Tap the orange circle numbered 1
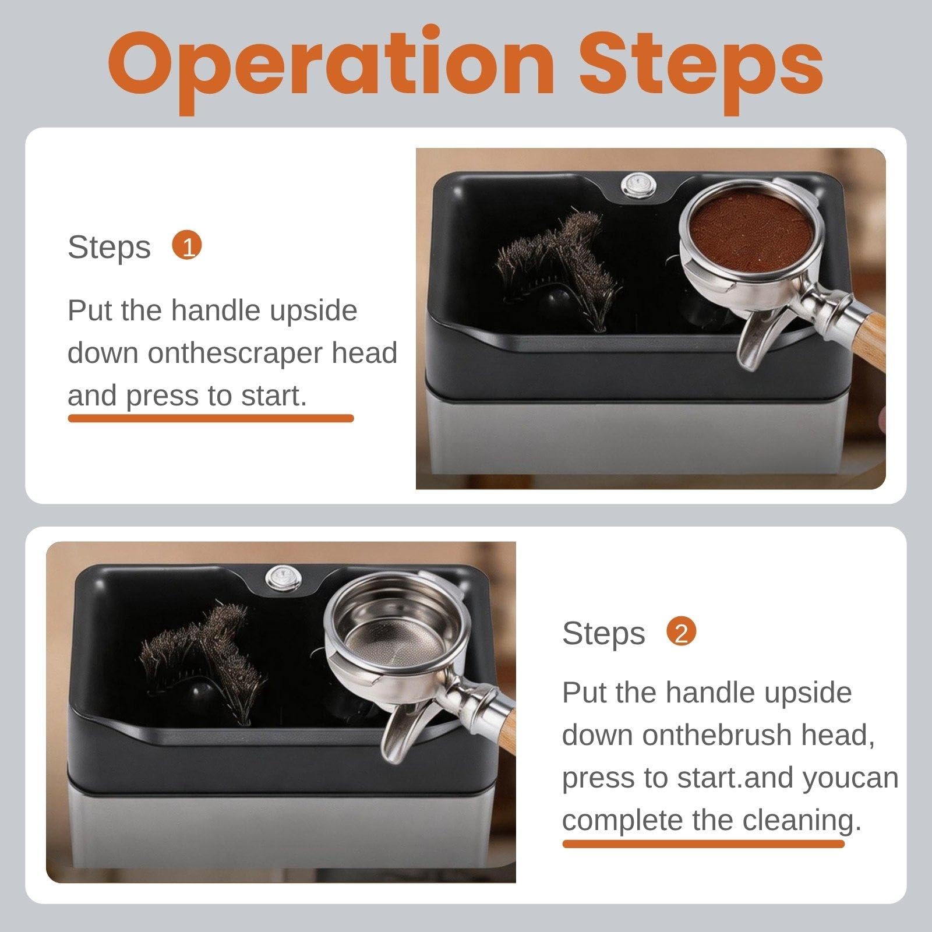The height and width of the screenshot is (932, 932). click(x=187, y=246)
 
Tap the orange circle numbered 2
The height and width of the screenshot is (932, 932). click(x=682, y=632)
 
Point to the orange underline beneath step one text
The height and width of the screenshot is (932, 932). click(x=211, y=418)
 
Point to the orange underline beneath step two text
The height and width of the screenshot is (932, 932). click(x=703, y=843)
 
